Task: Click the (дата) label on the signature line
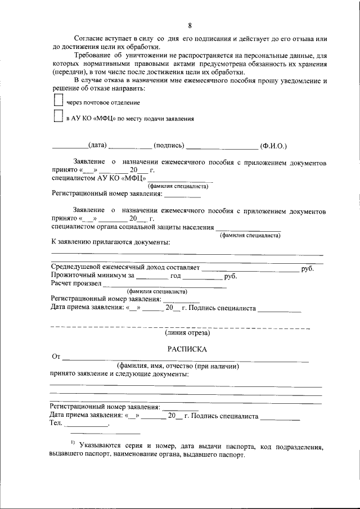pos(98,146)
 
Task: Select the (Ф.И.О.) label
pos(273,146)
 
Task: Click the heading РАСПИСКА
pos(190,349)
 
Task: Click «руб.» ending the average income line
pos(307,269)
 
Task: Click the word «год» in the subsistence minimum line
pos(175,276)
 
